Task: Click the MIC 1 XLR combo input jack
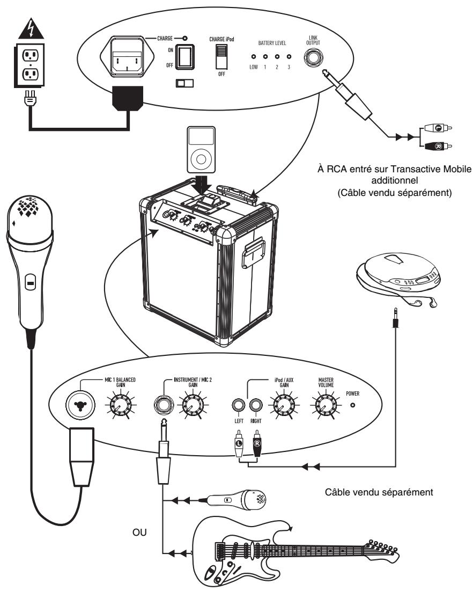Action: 82,406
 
